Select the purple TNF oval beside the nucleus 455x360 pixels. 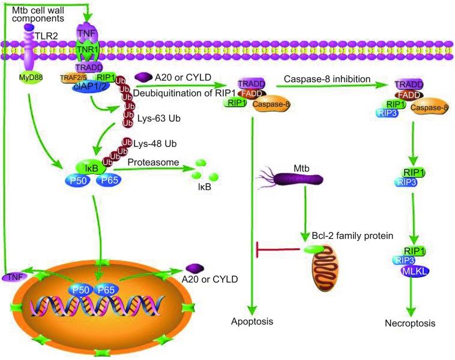tap(14, 277)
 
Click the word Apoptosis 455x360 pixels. tap(252, 322)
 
